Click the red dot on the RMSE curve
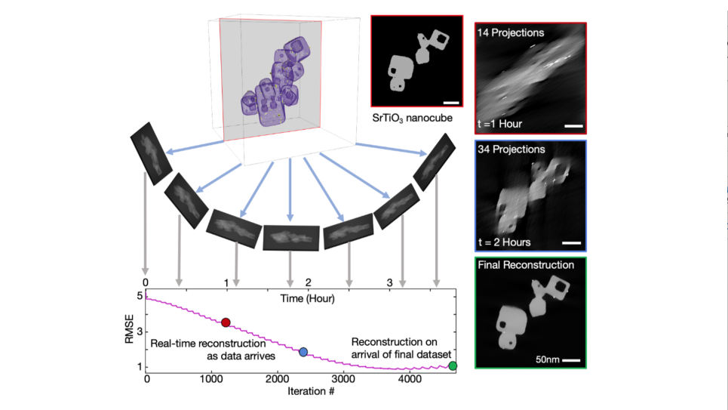tap(226, 322)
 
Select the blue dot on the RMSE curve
tap(303, 352)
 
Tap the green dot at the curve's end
tap(453, 366)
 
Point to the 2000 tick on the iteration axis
tap(278, 380)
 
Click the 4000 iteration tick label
tap(409, 380)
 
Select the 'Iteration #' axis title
tap(299, 392)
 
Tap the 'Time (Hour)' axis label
tap(308, 297)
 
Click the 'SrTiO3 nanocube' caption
tap(417, 119)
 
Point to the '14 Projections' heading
tap(511, 32)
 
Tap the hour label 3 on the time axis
tap(389, 282)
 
